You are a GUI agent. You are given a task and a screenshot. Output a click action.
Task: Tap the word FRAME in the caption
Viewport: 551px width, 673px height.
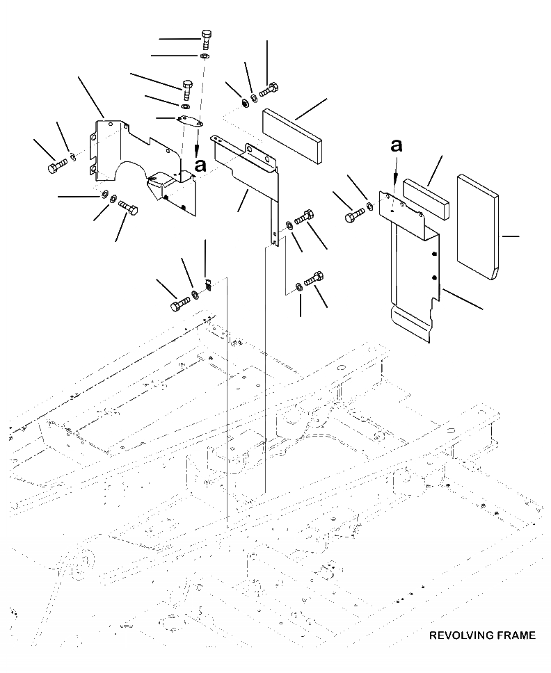point(515,635)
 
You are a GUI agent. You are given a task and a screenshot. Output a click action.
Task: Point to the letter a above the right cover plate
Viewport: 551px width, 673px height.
point(397,146)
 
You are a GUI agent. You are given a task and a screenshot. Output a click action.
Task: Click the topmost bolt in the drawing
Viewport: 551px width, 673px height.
point(206,38)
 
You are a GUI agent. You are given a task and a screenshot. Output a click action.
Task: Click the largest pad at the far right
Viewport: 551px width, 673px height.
point(477,227)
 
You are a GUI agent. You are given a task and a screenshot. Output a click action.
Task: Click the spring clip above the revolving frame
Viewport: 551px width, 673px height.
point(207,284)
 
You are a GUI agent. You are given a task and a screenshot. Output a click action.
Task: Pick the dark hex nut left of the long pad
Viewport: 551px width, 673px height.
point(246,104)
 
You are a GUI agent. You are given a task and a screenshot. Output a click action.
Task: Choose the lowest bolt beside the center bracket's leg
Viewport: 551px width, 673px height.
point(313,278)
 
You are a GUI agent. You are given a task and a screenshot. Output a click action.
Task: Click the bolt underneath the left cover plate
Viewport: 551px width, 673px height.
point(128,206)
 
